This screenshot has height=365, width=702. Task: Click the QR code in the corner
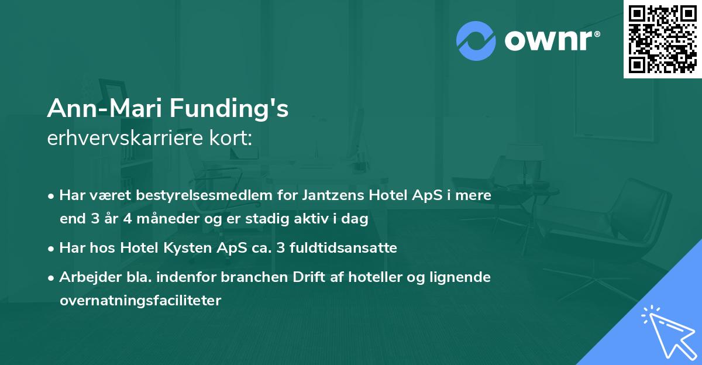click(x=662, y=39)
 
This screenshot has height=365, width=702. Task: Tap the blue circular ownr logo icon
click(x=476, y=40)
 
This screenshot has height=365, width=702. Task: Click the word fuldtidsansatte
click(x=350, y=248)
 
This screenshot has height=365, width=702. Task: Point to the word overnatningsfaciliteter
click(x=140, y=301)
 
